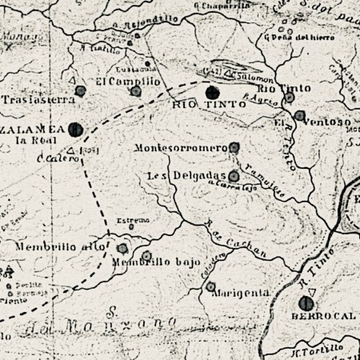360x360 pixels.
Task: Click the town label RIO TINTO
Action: [x=196, y=105]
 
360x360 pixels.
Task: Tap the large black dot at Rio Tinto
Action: [x=212, y=91]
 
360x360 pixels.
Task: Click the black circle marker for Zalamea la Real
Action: [x=76, y=127]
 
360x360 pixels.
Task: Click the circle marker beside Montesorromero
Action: [x=234, y=147]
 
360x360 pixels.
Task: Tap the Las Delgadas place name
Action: [x=186, y=175]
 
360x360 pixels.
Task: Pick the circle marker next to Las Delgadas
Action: [x=234, y=176]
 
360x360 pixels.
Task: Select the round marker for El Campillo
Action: [x=136, y=91]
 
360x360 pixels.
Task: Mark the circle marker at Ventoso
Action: [x=298, y=116]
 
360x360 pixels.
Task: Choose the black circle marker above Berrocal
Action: [x=304, y=303]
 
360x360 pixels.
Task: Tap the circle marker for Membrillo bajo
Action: [x=146, y=256]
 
